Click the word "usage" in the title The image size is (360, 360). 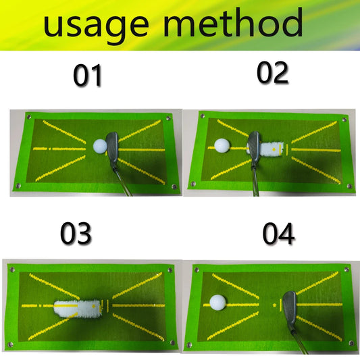point(95,26)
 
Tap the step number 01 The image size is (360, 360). point(88,76)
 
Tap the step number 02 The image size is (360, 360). point(272,73)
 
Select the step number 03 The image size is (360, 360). point(76,234)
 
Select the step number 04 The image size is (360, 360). point(278,234)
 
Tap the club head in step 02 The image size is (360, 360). point(255,145)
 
